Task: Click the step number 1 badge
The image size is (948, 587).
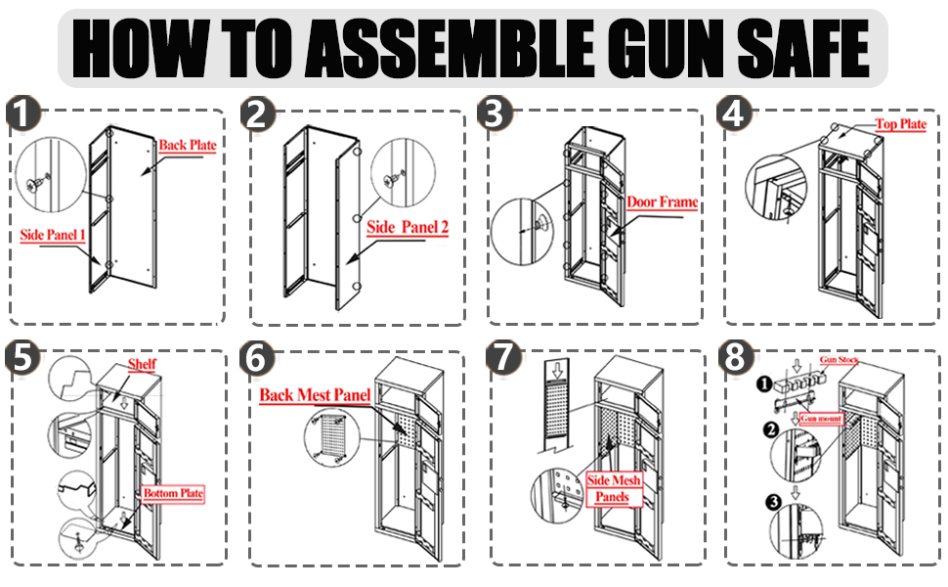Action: [x=22, y=115]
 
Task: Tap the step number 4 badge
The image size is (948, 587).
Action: [x=735, y=115]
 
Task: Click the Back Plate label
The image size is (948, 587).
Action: [x=188, y=146]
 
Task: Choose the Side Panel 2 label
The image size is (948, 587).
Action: [x=408, y=228]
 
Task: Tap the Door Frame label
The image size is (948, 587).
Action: [x=663, y=203]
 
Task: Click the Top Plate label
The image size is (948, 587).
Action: [x=900, y=125]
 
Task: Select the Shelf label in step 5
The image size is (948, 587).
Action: [x=143, y=365]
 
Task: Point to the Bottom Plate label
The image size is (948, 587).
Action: [x=174, y=493]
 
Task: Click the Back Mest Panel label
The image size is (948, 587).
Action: [x=315, y=396]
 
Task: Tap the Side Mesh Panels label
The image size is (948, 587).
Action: [x=614, y=488]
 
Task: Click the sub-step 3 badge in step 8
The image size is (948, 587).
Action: [x=772, y=503]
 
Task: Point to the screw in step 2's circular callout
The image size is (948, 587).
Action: [x=393, y=180]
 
